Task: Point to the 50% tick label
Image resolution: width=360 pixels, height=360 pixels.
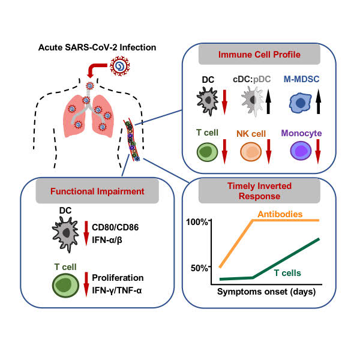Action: pos(199,267)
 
